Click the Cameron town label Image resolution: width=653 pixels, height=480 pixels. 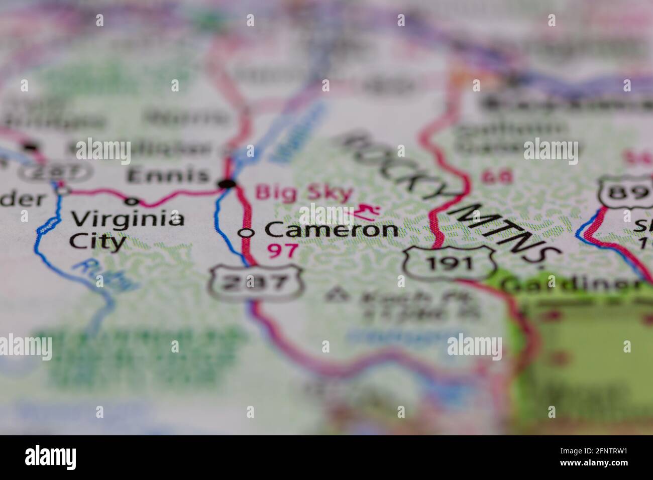click(332, 230)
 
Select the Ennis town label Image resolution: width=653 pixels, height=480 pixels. click(167, 176)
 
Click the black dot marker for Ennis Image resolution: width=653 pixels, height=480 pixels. click(228, 184)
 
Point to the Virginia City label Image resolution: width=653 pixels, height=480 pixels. click(127, 230)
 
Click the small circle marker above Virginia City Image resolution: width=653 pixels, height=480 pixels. click(132, 202)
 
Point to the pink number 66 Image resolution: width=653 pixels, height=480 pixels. click(497, 177)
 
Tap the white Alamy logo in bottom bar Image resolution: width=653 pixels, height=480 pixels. click(51, 457)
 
